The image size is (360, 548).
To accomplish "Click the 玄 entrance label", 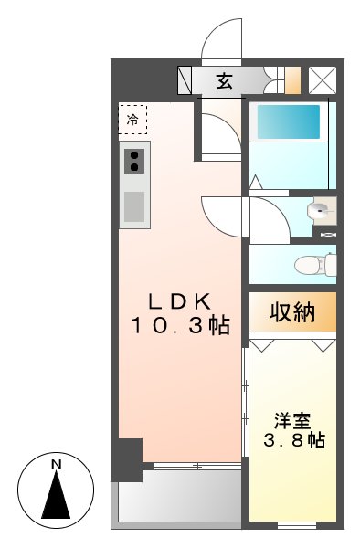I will click(224, 81).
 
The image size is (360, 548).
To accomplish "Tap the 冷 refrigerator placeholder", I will click(132, 119).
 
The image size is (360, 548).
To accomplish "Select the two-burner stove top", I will click(134, 162).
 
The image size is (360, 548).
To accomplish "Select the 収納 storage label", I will click(292, 313).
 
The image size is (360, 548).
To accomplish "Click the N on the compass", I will click(56, 465).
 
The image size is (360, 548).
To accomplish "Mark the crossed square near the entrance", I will click(322, 81).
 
